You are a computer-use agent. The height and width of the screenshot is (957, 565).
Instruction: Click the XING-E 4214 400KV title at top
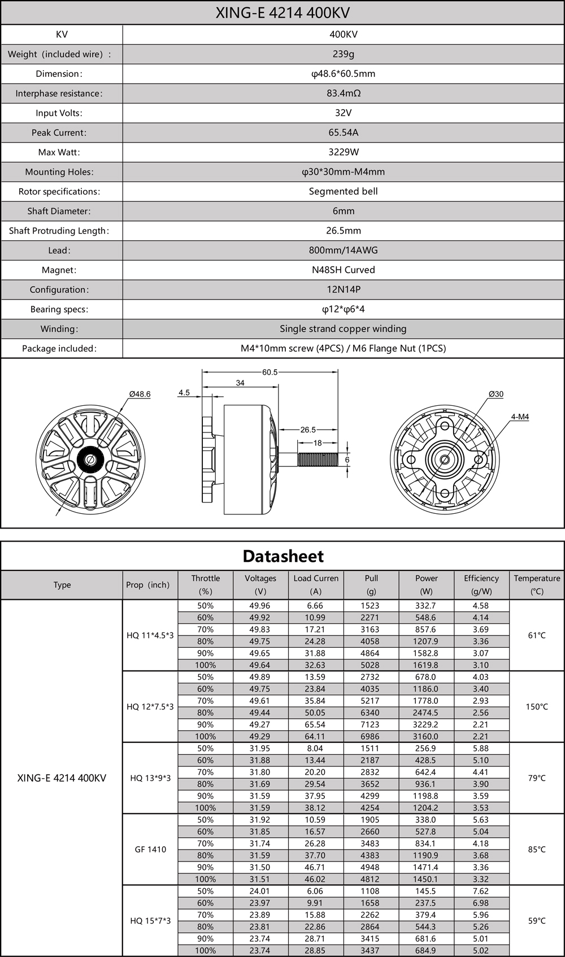tap(282, 13)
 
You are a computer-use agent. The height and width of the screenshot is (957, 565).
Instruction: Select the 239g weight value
tap(343, 54)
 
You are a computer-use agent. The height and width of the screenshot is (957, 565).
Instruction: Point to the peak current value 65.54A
tap(343, 133)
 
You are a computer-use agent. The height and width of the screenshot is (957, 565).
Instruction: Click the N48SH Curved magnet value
tap(343, 270)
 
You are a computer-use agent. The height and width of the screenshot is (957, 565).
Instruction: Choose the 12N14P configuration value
tap(343, 289)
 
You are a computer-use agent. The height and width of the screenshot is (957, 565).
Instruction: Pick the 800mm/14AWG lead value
tap(343, 250)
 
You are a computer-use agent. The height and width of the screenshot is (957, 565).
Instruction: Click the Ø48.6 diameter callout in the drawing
tap(140, 394)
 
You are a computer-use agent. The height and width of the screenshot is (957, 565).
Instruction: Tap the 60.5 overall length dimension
tap(270, 373)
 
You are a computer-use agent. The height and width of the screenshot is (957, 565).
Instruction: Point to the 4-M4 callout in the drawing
tap(519, 417)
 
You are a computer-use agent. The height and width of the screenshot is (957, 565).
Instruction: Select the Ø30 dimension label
tap(496, 394)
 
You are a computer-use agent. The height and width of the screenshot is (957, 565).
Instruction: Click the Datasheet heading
tap(283, 556)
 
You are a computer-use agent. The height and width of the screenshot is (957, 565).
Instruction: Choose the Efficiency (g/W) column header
tap(481, 584)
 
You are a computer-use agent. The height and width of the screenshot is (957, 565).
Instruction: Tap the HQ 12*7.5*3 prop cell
tap(150, 707)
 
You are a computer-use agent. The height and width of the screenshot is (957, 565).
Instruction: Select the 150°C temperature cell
tap(537, 707)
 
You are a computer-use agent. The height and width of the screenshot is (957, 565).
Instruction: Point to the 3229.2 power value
tap(426, 725)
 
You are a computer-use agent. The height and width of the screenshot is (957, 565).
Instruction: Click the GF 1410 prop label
tap(150, 849)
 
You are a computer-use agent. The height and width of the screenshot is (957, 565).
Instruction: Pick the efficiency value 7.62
tap(481, 891)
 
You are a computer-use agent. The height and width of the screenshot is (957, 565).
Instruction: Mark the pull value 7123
tap(371, 725)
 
